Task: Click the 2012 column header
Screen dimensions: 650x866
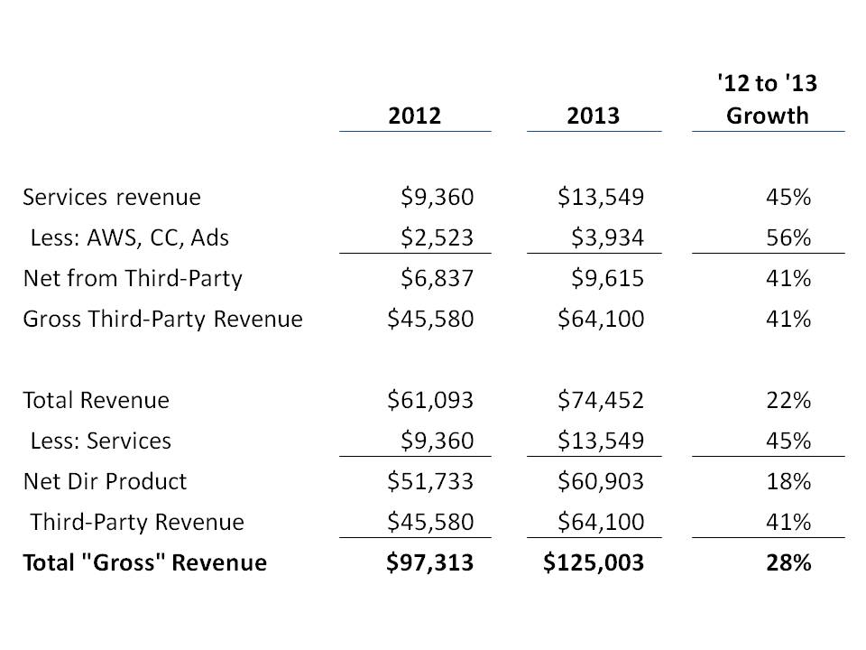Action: [416, 116]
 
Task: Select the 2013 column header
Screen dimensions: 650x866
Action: [594, 116]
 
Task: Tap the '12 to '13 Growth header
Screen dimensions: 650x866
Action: [768, 100]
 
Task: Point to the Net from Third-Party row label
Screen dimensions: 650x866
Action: [133, 278]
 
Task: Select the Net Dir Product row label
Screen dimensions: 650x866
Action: [105, 481]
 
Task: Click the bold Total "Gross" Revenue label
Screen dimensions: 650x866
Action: [144, 562]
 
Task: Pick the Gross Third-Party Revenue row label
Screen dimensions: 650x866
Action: [162, 319]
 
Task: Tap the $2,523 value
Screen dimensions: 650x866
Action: [437, 237]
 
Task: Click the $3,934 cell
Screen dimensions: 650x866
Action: [608, 237]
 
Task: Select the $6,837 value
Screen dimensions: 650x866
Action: [437, 278]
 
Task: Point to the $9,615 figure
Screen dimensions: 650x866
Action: [608, 278]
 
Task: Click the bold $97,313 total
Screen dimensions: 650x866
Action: [429, 562]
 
